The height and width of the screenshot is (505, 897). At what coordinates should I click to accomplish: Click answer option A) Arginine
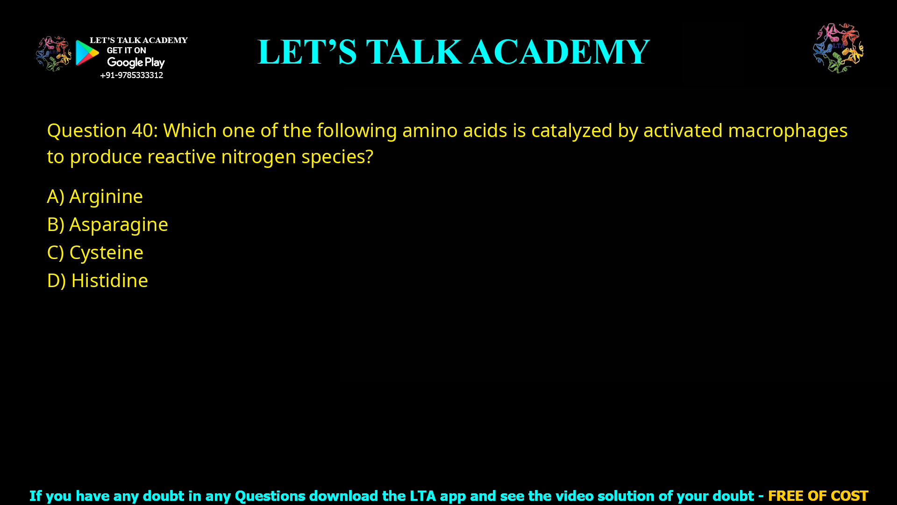pyautogui.click(x=95, y=196)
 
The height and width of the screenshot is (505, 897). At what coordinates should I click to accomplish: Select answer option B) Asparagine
pyautogui.click(x=107, y=224)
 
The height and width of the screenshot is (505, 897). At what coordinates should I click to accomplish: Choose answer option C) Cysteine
pyautogui.click(x=95, y=252)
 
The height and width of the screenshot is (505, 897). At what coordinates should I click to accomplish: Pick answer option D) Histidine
pyautogui.click(x=98, y=281)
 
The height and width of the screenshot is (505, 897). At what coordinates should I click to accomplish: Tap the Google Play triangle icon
pyautogui.click(x=87, y=53)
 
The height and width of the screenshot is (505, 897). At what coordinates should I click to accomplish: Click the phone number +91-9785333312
pyautogui.click(x=131, y=75)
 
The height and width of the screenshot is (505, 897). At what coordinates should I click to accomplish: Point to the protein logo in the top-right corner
pyautogui.click(x=838, y=48)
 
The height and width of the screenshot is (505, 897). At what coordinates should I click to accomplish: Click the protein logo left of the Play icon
pyautogui.click(x=53, y=53)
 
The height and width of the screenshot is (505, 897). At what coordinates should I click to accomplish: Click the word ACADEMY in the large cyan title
pyautogui.click(x=559, y=51)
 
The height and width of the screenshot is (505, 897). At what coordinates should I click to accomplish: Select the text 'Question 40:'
pyautogui.click(x=102, y=130)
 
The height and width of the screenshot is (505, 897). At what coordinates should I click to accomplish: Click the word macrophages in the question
pyautogui.click(x=788, y=130)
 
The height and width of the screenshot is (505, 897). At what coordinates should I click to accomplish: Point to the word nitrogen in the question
pyautogui.click(x=258, y=157)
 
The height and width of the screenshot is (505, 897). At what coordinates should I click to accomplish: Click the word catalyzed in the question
pyautogui.click(x=571, y=130)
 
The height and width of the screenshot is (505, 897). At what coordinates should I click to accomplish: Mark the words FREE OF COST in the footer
pyautogui.click(x=818, y=496)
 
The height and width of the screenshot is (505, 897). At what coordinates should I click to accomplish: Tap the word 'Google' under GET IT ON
pyautogui.click(x=125, y=63)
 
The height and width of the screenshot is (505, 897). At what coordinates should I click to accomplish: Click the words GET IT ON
pyautogui.click(x=126, y=50)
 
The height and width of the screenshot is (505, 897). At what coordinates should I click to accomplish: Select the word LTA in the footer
pyautogui.click(x=423, y=496)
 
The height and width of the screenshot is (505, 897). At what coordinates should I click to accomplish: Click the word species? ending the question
pyautogui.click(x=337, y=157)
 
